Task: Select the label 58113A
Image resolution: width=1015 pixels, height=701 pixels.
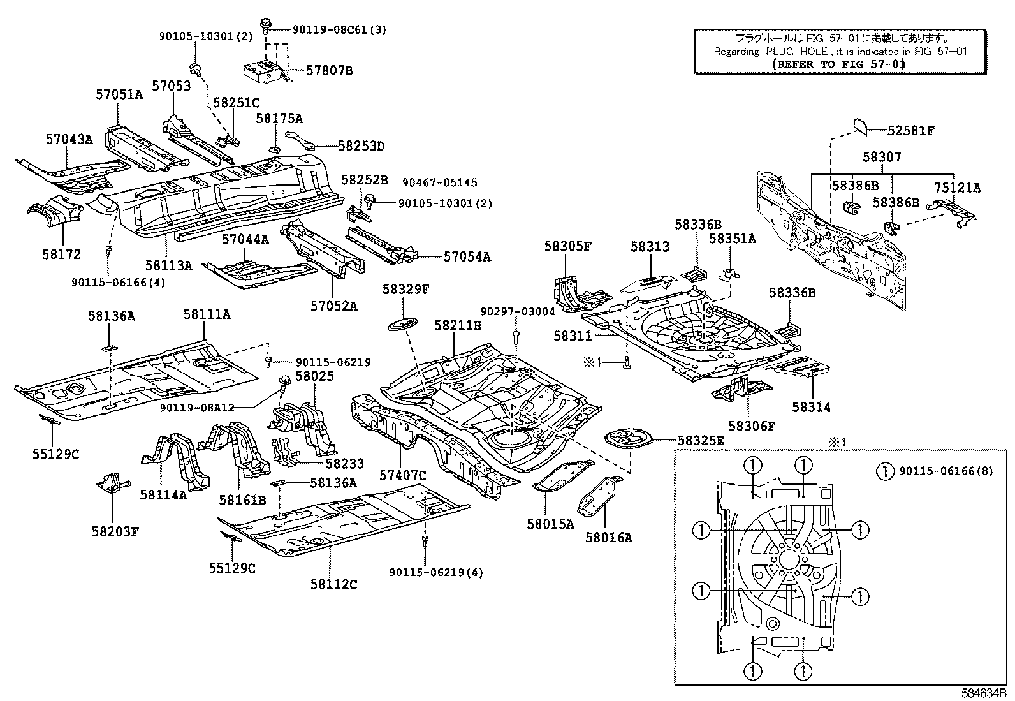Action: click(x=168, y=265)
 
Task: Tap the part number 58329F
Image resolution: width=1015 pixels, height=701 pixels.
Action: click(x=406, y=289)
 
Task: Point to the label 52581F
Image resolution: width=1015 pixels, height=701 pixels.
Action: click(x=911, y=131)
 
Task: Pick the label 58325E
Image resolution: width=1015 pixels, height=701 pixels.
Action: click(x=701, y=440)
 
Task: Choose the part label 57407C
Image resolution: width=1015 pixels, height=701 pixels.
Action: click(x=403, y=475)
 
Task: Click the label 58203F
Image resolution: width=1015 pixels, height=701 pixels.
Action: click(x=115, y=531)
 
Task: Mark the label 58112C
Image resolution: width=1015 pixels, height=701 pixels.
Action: click(x=334, y=584)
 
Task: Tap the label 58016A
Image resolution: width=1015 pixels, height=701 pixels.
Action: click(x=609, y=538)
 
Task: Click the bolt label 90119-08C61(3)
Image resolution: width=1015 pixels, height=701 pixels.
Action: click(x=339, y=29)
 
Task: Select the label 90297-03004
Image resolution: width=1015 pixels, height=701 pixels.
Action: click(x=518, y=311)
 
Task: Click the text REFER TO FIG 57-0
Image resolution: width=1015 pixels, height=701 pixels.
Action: click(x=838, y=64)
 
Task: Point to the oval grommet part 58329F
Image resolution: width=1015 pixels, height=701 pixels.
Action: click(x=400, y=323)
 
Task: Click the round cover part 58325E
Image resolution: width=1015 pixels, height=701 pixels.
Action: click(x=626, y=439)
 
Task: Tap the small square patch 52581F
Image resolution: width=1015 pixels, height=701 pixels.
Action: click(x=859, y=126)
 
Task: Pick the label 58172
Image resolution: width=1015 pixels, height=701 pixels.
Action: click(x=62, y=254)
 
